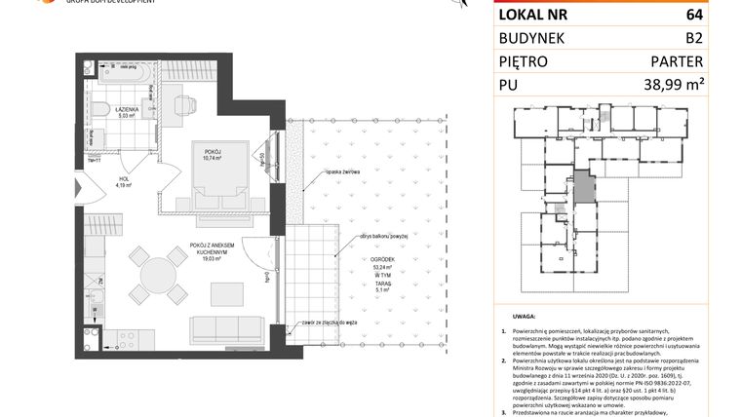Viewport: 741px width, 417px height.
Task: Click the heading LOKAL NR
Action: click(535, 14)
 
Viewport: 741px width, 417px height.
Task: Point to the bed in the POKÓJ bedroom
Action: click(210, 180)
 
